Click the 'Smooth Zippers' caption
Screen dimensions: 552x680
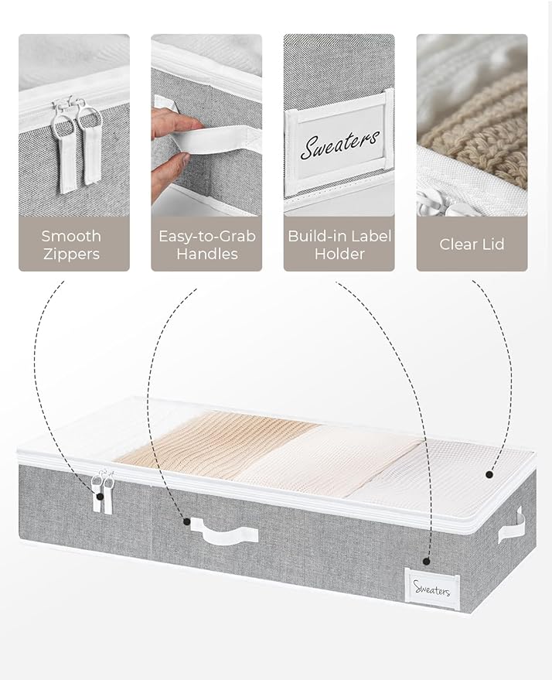[x=71, y=244]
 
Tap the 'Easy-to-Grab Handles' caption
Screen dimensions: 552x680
[x=206, y=244]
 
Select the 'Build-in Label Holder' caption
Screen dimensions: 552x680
[x=339, y=244]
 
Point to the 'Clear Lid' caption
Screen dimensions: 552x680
[x=472, y=244]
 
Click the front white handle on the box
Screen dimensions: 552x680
[x=224, y=531]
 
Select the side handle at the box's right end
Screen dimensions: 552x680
[x=511, y=528]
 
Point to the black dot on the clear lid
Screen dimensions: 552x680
[x=489, y=475]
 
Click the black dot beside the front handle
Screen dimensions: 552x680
[x=187, y=521]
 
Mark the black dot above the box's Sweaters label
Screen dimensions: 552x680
[x=426, y=561]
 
